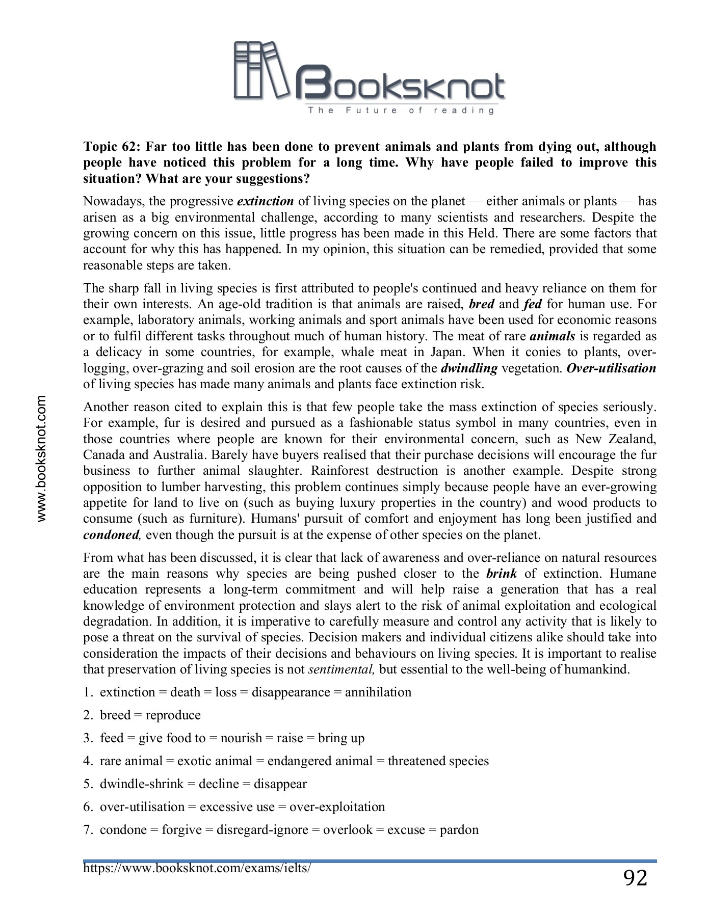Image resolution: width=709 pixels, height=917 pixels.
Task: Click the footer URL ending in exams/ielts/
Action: [197, 868]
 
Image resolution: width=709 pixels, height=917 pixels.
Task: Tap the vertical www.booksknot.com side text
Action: [41, 459]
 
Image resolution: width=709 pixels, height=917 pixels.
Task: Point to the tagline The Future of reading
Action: [401, 110]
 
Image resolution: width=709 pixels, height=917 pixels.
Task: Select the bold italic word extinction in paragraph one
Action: [266, 201]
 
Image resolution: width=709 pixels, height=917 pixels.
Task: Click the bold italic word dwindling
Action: [469, 368]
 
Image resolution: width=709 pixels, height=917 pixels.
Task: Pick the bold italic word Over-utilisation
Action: [611, 368]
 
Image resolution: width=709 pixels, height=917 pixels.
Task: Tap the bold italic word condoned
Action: [111, 535]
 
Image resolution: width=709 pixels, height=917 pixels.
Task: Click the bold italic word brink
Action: [502, 574]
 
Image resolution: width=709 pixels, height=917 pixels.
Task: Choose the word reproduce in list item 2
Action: [173, 715]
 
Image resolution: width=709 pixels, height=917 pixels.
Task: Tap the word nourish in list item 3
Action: [241, 738]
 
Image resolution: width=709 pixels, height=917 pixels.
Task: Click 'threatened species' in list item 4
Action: [438, 761]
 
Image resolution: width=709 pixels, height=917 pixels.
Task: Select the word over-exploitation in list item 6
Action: [337, 807]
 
